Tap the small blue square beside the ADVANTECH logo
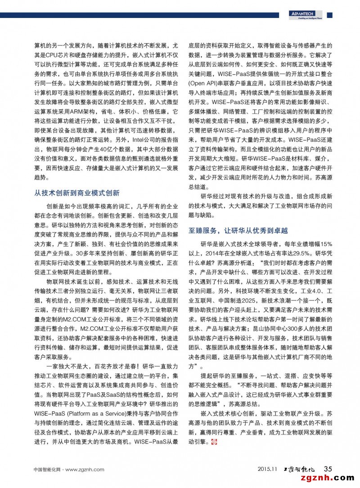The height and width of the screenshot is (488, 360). coord(329,15)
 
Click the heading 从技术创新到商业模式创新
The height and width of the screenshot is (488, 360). coord(77,193)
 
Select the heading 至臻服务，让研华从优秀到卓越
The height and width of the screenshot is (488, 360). coord(238,231)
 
